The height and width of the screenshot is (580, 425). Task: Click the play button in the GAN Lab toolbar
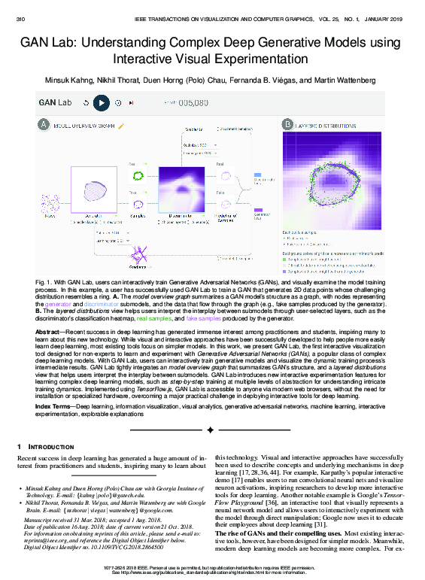(101, 102)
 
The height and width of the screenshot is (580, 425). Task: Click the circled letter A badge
(44, 124)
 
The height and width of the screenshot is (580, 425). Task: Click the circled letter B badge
(287, 124)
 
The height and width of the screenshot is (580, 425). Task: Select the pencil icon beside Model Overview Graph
(120, 126)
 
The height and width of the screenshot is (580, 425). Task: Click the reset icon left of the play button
(86, 102)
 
